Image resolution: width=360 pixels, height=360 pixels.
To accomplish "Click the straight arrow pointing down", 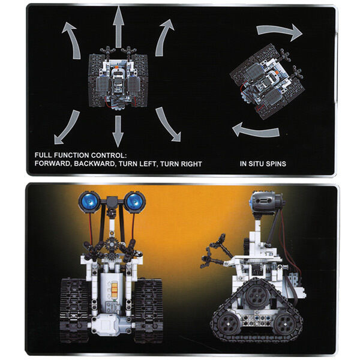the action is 118,131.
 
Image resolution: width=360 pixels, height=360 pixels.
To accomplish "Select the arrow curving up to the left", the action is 73,39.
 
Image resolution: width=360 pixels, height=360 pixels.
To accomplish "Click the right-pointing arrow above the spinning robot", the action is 279,31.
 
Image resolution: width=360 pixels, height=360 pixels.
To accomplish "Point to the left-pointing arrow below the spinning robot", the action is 256,131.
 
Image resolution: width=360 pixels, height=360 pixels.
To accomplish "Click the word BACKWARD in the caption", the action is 94,164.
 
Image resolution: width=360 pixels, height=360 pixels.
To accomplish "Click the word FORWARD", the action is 53,164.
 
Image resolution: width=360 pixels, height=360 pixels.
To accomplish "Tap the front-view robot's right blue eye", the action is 135,202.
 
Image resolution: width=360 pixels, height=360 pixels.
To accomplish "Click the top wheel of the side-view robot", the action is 257,295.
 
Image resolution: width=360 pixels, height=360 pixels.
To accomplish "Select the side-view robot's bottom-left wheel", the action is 228,323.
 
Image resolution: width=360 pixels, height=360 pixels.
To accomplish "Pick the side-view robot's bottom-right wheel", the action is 285,324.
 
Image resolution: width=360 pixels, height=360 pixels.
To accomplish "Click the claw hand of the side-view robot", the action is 212,251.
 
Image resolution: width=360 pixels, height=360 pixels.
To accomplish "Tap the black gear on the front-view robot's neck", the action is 112,245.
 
